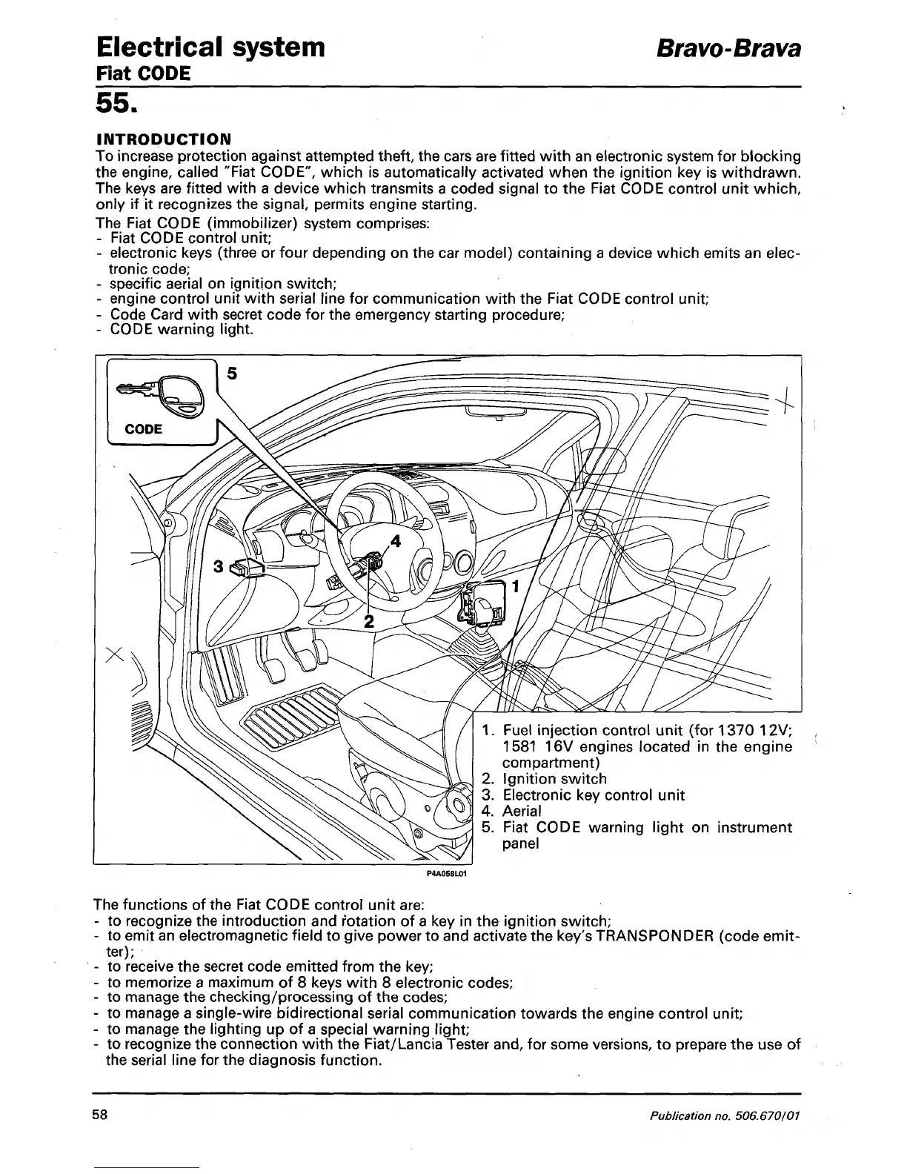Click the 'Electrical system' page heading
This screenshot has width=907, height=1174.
click(210, 47)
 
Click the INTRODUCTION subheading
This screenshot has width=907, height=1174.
click(164, 139)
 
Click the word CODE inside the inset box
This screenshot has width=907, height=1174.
click(144, 429)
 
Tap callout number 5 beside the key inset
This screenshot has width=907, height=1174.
click(231, 374)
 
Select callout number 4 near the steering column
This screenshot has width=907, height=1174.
click(395, 540)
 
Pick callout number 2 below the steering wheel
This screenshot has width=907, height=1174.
click(368, 621)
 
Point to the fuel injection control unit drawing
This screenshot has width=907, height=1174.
click(482, 600)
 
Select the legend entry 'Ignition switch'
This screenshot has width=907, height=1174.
click(554, 779)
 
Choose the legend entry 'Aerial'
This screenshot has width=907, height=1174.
click(522, 812)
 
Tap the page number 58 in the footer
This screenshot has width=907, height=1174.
click(101, 1115)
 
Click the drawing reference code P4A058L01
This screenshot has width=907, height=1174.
click(445, 874)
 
